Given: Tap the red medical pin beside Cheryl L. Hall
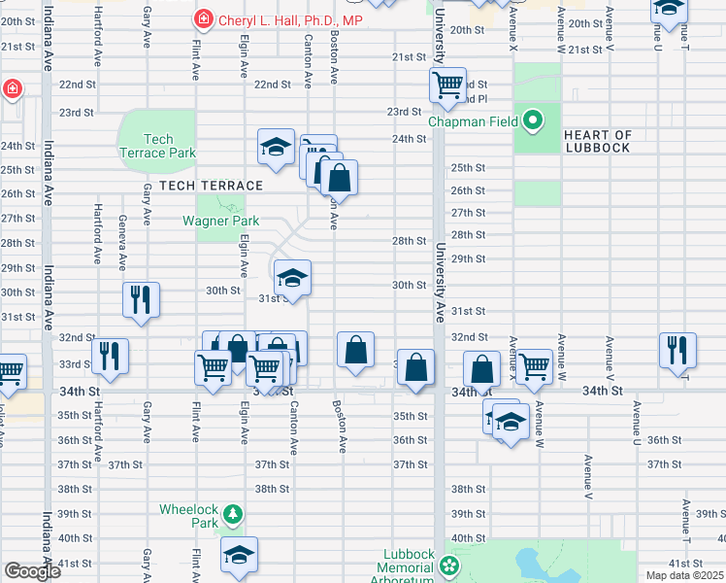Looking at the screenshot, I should tap(203, 17).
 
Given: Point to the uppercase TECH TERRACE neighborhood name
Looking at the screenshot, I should tap(211, 186).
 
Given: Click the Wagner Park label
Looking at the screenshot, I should tap(220, 221).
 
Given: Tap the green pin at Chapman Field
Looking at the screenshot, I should tap(532, 121).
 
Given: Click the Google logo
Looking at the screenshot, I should tap(32, 571).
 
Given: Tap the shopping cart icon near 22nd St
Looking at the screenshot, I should tap(447, 85).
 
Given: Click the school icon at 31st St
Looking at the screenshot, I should tap(291, 278).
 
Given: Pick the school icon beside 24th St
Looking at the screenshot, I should tap(276, 147).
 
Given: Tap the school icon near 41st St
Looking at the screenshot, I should tap(239, 554).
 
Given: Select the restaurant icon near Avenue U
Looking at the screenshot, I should tap(677, 350).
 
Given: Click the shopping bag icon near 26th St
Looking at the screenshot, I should tap(339, 178).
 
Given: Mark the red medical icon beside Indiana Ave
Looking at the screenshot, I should tap(12, 89).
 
